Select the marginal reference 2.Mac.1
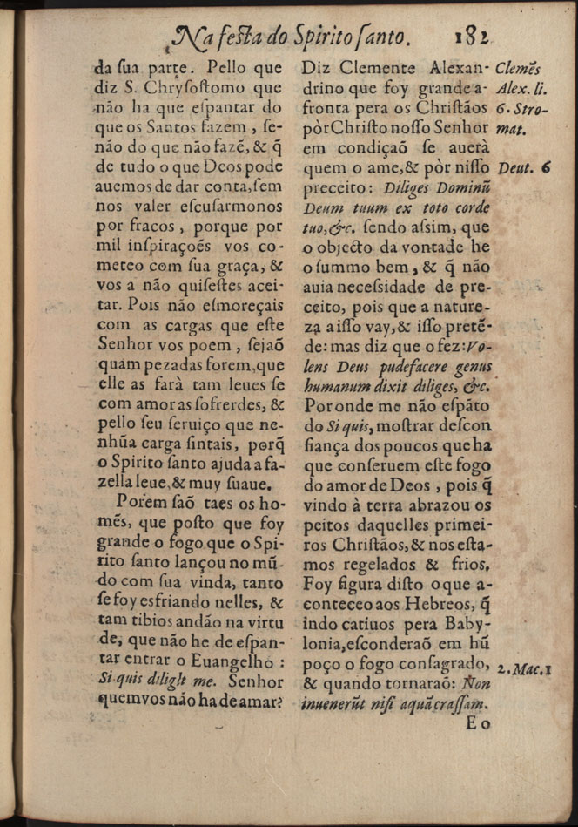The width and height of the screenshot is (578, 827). [525, 669]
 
